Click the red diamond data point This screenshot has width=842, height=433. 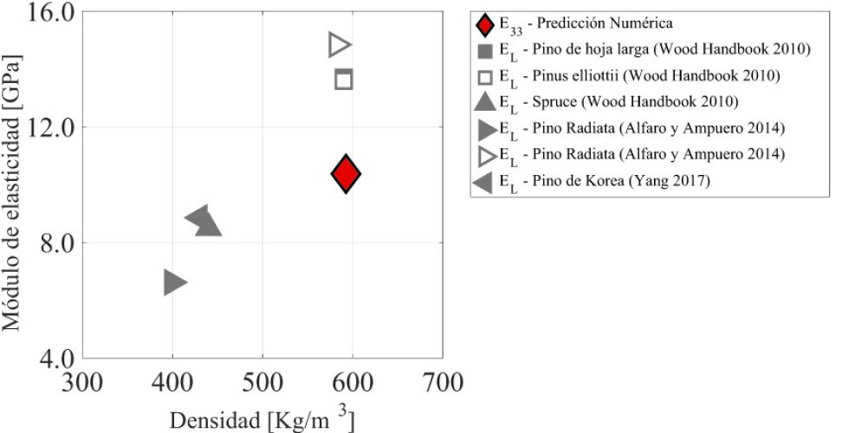point(346,174)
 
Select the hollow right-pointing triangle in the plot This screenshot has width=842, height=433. point(340,45)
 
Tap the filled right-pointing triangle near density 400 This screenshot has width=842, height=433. point(174,281)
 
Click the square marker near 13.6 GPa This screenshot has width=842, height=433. point(344,80)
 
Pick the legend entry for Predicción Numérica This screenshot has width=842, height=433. point(590,23)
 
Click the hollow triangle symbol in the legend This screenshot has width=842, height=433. point(485,155)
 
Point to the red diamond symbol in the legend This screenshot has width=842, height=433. point(485,23)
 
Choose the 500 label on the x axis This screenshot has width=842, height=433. point(262,381)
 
